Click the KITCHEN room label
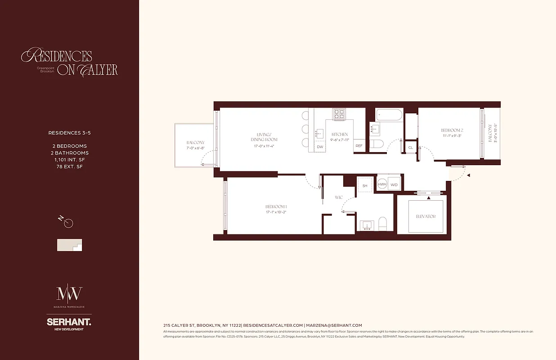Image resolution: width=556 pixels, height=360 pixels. [340, 135]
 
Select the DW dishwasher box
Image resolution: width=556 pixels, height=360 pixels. [320, 147]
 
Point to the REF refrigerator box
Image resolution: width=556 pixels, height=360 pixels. [359, 146]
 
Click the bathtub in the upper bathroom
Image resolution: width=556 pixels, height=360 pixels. [390, 115]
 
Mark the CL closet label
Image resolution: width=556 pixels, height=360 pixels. [410, 148]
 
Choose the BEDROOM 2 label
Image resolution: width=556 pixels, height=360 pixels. [452, 130]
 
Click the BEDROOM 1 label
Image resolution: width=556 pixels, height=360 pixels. [276, 207]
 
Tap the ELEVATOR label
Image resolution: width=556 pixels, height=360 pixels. [426, 216]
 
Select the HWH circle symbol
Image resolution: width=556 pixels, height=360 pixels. [382, 184]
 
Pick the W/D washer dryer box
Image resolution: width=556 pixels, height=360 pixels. [395, 184]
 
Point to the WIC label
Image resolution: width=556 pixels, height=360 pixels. [339, 197]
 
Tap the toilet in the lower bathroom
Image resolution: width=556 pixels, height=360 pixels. [383, 224]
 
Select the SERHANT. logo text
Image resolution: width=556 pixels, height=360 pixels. [69, 322]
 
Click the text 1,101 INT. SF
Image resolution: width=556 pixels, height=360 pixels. [67, 160]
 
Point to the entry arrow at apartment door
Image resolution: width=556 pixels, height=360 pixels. [468, 175]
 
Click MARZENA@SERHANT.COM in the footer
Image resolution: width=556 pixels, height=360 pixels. [334, 325]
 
